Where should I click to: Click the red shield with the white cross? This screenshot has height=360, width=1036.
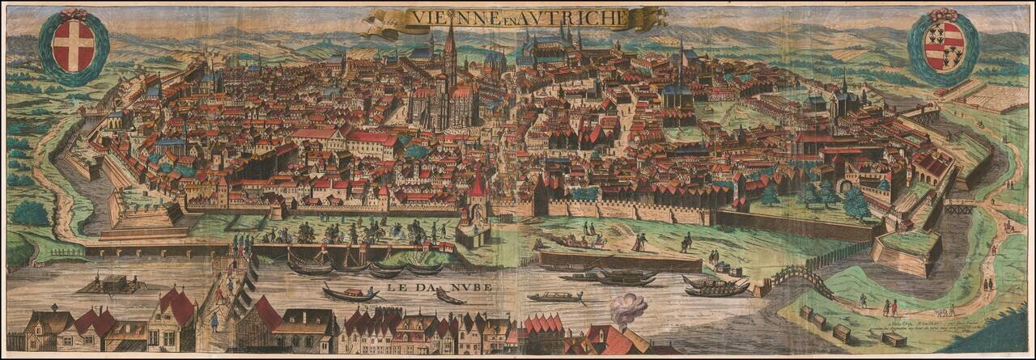click(x=73, y=44)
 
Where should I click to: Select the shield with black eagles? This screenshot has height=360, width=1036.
click(x=943, y=45)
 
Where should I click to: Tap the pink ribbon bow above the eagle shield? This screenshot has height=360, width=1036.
click(x=943, y=14)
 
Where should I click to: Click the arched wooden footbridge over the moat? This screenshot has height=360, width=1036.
click(x=802, y=279)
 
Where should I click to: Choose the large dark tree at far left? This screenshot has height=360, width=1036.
click(x=31, y=214)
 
